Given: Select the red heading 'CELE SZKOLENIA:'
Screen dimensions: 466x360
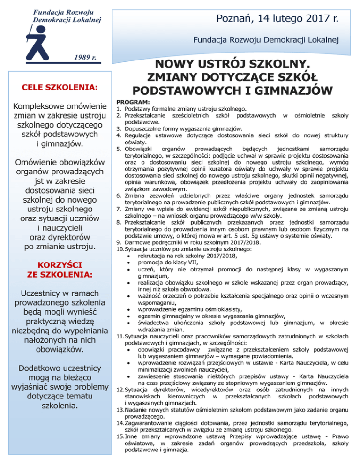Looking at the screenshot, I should tap(60, 88).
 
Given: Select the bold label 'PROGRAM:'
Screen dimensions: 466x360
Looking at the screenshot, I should tap(133, 102).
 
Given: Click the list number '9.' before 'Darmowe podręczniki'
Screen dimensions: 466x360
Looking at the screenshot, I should tap(120, 243).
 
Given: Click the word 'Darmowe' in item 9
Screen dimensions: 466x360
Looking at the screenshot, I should tap(138, 243).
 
